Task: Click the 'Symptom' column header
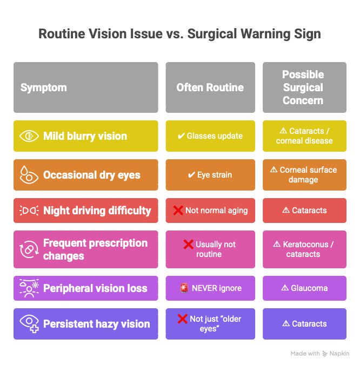point(86,87)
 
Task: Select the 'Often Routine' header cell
point(210,87)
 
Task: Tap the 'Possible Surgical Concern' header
point(304,87)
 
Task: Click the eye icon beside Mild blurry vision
point(29,136)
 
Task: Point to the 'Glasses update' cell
point(210,136)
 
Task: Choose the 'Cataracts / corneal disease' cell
point(304,136)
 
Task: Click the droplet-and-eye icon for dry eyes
point(29,175)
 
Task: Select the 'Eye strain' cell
point(210,175)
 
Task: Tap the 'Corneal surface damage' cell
point(304,175)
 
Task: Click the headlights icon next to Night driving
point(29,211)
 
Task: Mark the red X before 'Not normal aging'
point(178,211)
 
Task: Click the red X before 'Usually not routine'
point(189,245)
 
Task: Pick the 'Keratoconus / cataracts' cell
point(304,249)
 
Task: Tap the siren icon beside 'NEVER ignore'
point(184,288)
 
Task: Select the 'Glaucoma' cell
point(304,288)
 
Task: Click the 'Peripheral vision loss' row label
point(95,288)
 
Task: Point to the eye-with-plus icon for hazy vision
point(29,323)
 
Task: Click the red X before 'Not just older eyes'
point(183,319)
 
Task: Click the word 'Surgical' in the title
point(212,34)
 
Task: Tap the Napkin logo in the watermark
point(325,354)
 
